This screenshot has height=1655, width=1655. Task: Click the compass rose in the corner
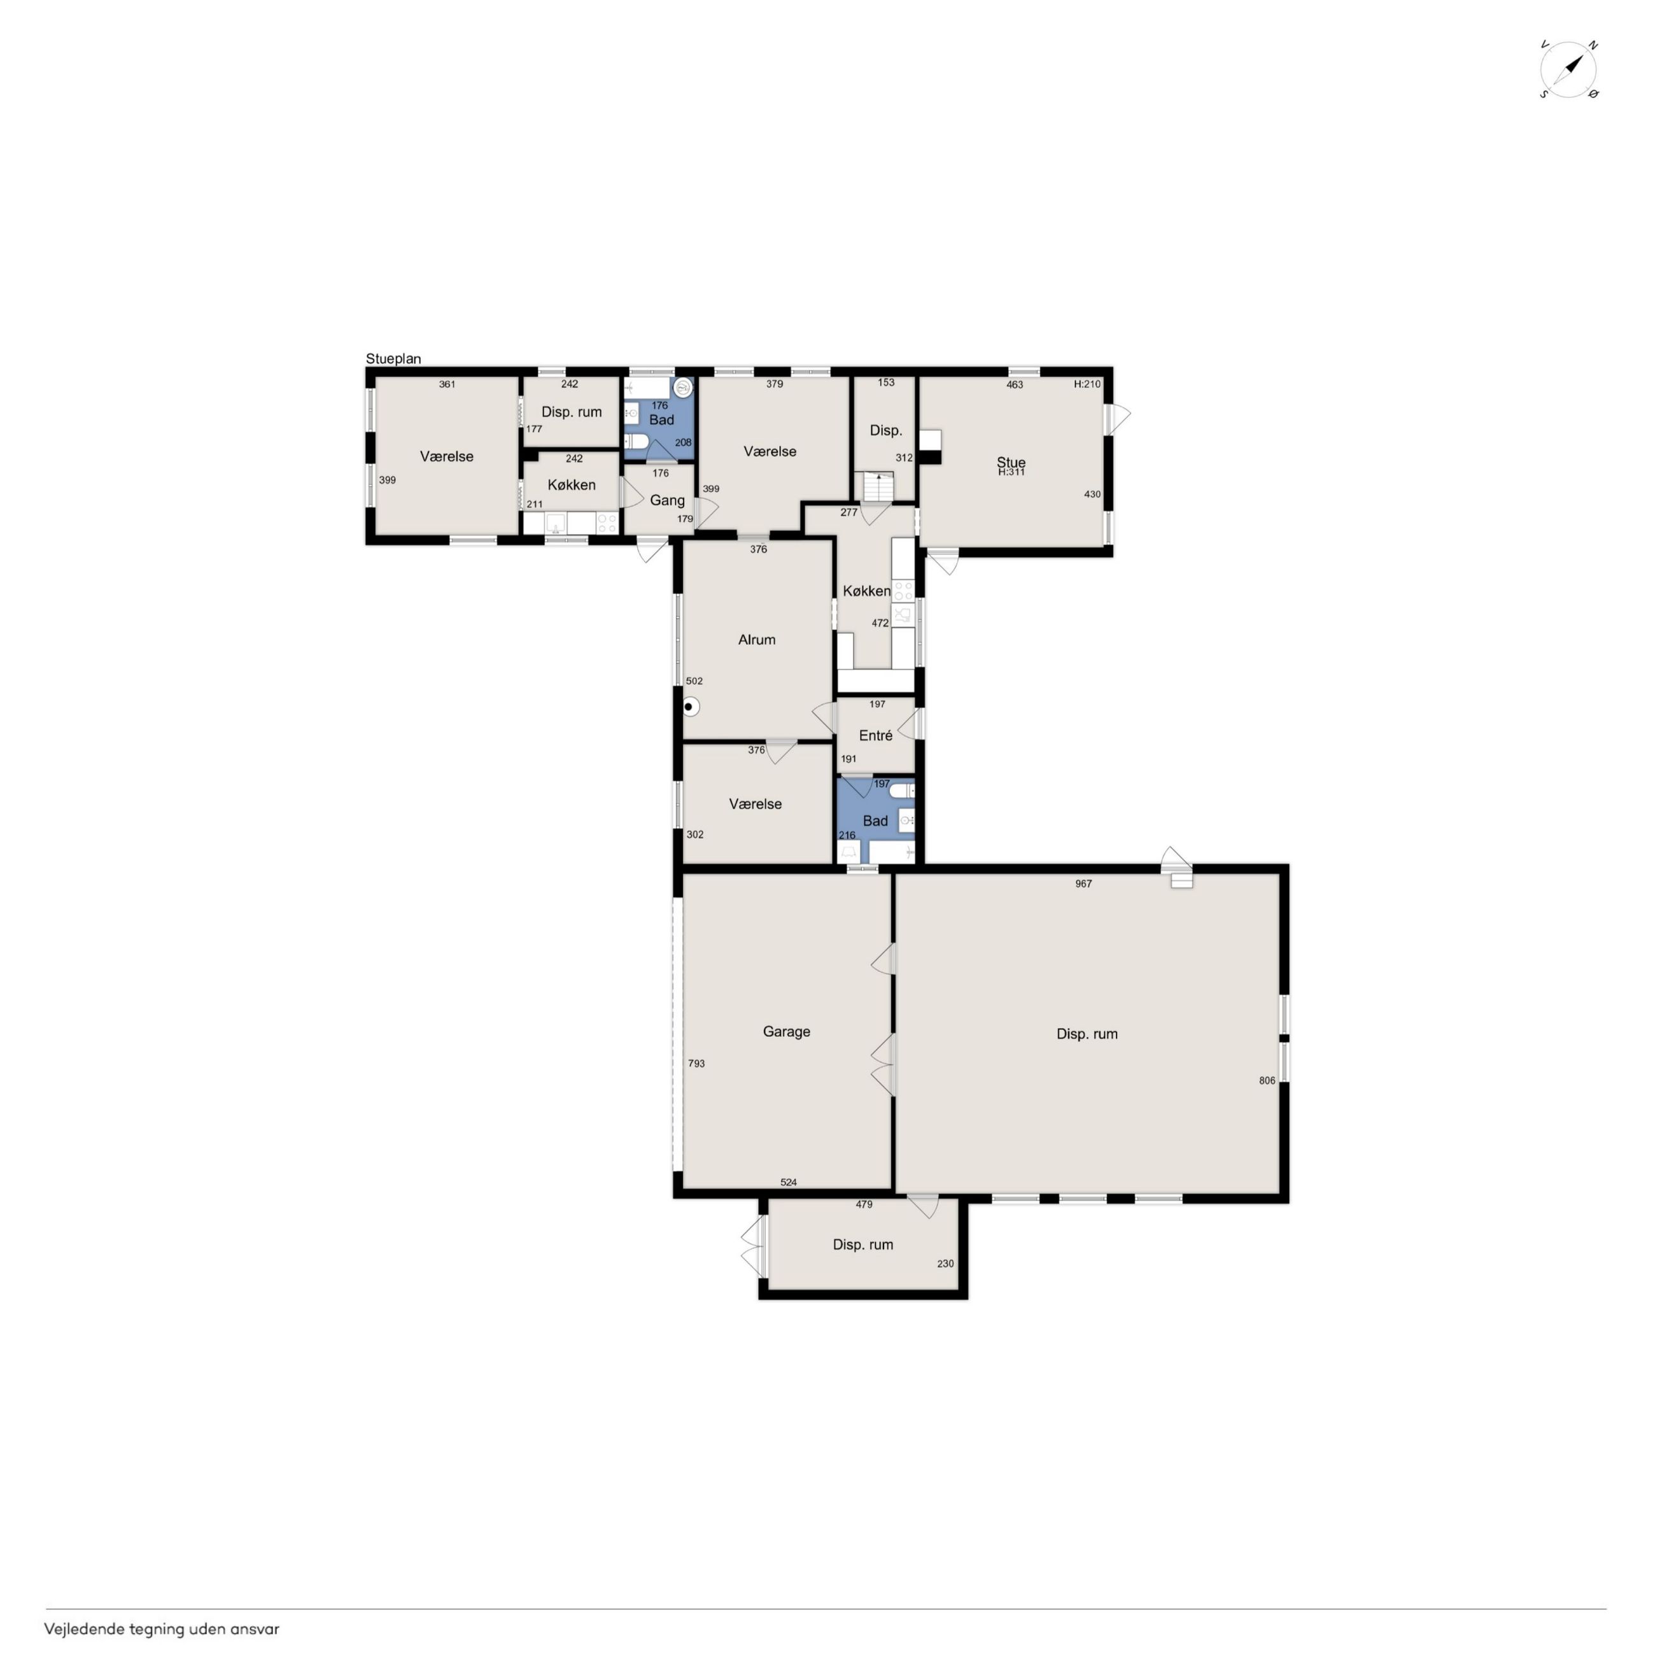pyautogui.click(x=1568, y=69)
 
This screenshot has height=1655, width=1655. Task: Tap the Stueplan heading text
pyautogui.click(x=393, y=359)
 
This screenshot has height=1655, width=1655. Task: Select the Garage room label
pyautogui.click(x=786, y=1031)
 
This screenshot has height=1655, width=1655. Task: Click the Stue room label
pyautogui.click(x=1011, y=463)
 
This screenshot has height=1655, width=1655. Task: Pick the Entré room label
pyautogui.click(x=875, y=735)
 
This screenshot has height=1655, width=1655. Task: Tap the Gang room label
pyautogui.click(x=667, y=500)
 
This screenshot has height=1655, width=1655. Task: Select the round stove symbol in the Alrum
pyautogui.click(x=691, y=708)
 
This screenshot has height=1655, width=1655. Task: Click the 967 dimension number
pyautogui.click(x=1083, y=884)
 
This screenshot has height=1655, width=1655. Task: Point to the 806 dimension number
pyautogui.click(x=1267, y=1080)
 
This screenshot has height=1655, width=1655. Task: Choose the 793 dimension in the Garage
pyautogui.click(x=696, y=1063)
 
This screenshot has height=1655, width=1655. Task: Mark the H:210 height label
pyautogui.click(x=1087, y=384)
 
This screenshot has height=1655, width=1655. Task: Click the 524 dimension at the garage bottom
pyautogui.click(x=789, y=1182)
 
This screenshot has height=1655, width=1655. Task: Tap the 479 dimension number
pyautogui.click(x=864, y=1204)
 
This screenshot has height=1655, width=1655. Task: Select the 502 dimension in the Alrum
pyautogui.click(x=694, y=681)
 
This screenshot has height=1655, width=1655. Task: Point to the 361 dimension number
pyautogui.click(x=447, y=384)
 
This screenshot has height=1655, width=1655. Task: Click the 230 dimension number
pyautogui.click(x=945, y=1264)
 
